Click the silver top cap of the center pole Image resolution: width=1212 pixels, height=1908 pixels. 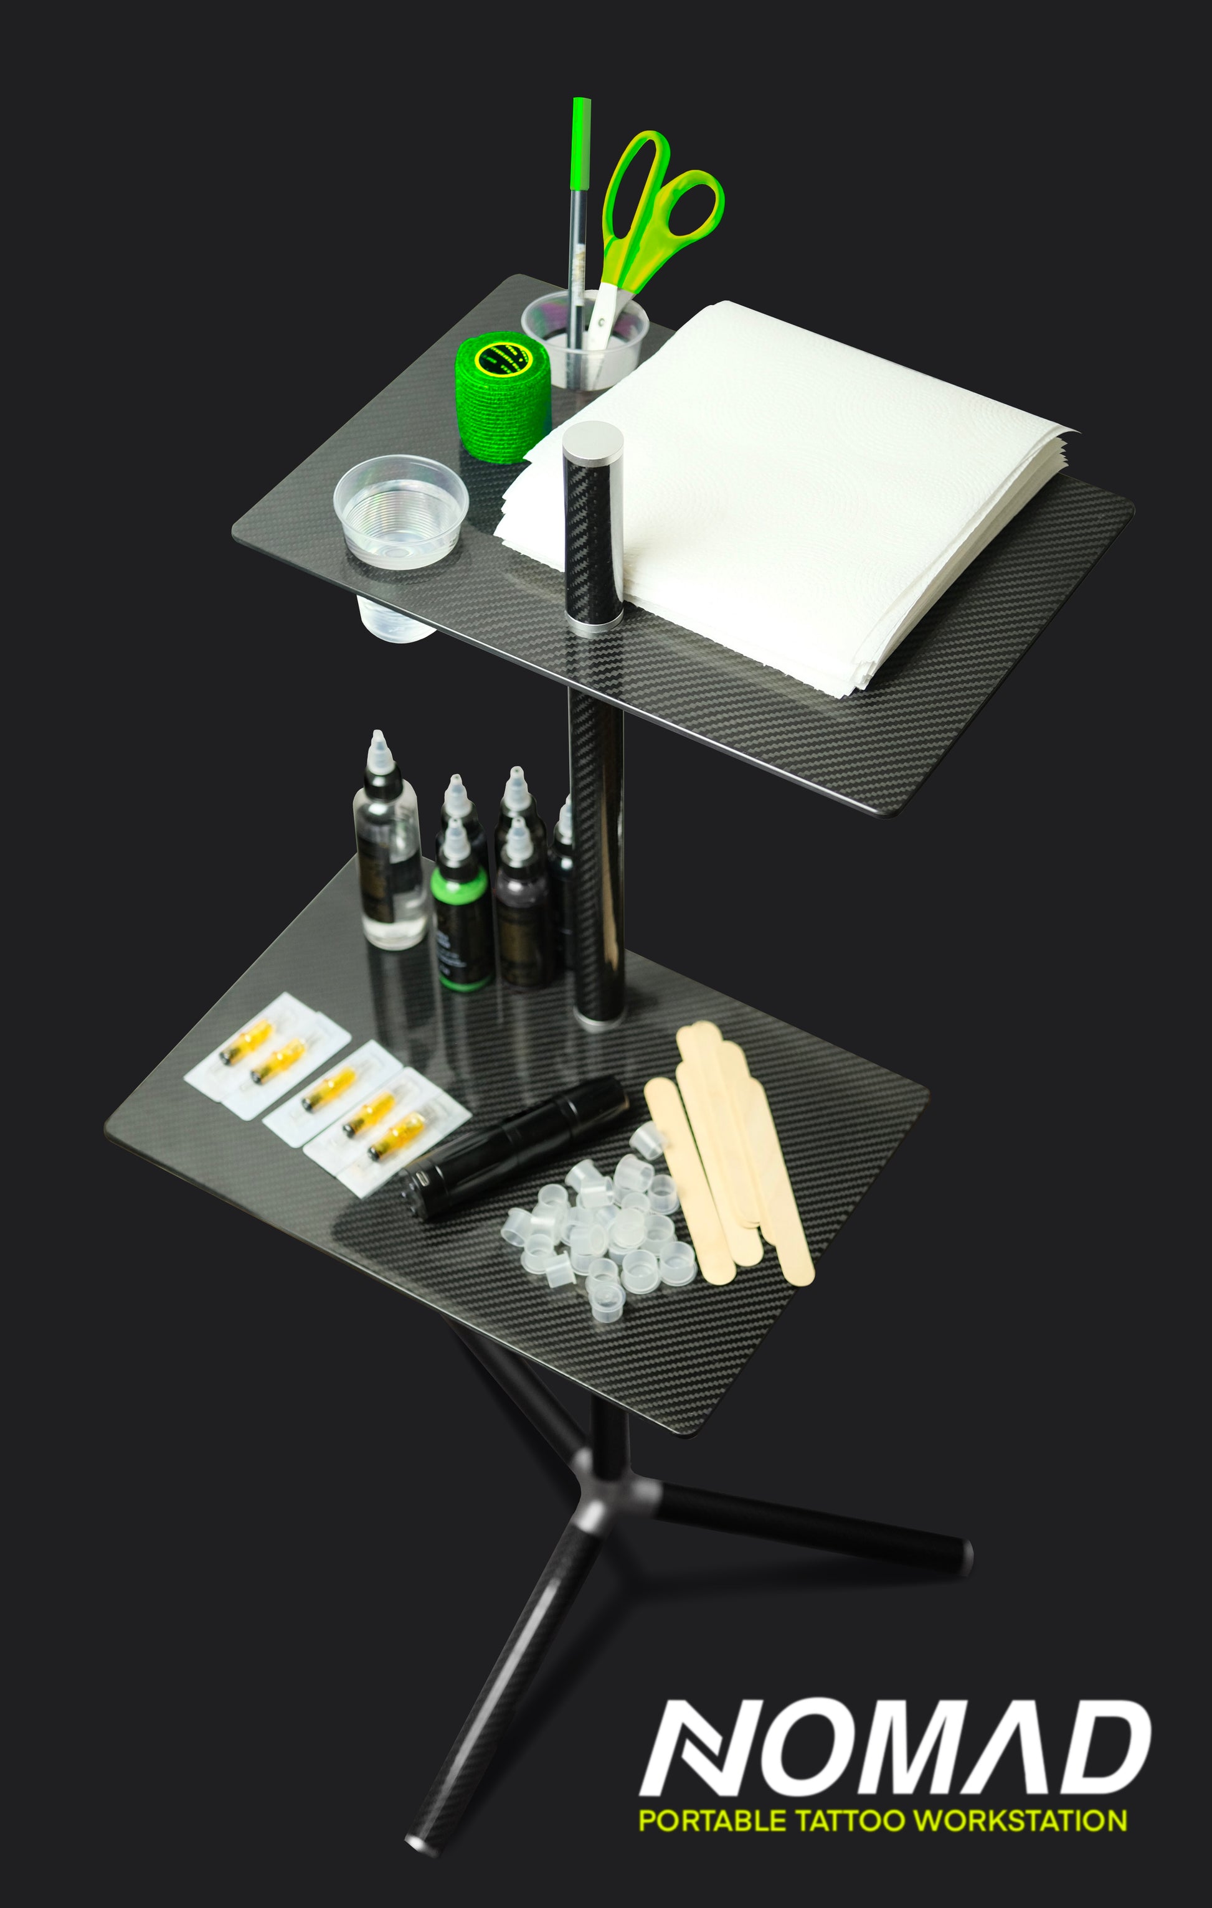[x=593, y=438]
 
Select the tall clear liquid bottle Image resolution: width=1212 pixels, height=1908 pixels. [x=389, y=843]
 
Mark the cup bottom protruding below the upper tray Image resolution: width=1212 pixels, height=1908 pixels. [x=396, y=620]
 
